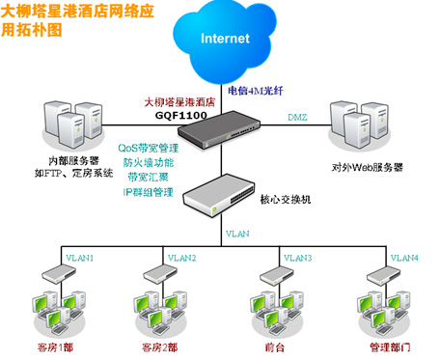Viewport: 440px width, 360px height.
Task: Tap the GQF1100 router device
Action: pos(231,128)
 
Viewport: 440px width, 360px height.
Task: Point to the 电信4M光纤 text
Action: pos(258,92)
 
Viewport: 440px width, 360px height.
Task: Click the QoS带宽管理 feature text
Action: pos(147,148)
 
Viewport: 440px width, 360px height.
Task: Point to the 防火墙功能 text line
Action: pos(147,162)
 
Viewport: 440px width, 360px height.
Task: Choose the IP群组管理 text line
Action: pos(147,192)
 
